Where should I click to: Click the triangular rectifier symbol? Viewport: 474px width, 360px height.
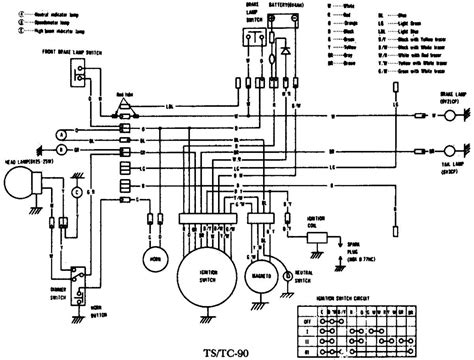(x=125, y=107)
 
